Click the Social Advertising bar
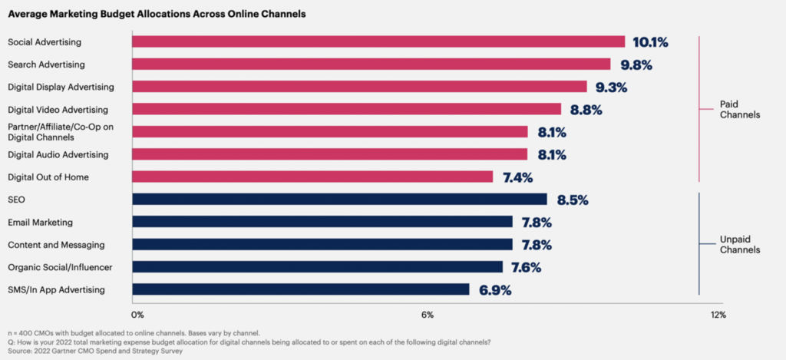coord(378,41)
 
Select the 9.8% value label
coord(631,64)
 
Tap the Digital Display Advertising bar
coord(359,87)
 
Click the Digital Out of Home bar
coord(312,177)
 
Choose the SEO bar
coord(339,200)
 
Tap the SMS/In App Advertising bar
coord(300,289)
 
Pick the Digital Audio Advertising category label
coord(58,154)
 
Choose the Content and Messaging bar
coord(322,244)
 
